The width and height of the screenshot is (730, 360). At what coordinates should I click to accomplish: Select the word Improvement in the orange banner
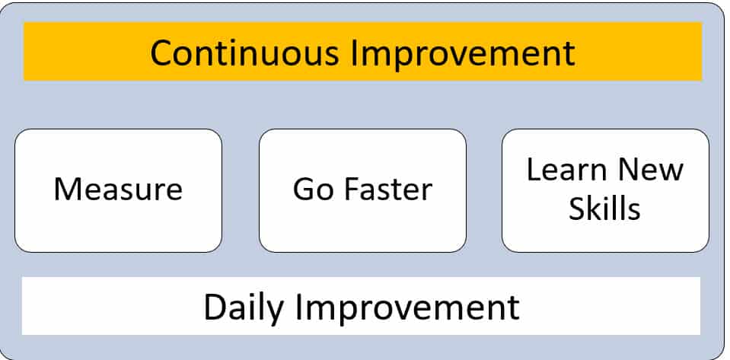pos(463,55)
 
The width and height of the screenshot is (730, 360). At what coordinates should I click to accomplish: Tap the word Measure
pos(118,189)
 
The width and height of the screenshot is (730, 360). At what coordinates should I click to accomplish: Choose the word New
pos(646,170)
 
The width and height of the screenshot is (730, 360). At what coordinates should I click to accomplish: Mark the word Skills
pos(604,209)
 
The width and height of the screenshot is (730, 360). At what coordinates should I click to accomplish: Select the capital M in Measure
pos(68,189)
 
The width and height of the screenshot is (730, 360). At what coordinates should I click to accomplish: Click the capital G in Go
pos(305,189)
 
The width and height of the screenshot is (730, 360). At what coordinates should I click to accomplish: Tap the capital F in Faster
pos(352,189)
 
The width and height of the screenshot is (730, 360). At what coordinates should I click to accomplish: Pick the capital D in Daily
pos(216,307)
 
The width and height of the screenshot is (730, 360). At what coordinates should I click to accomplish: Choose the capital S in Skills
pos(577,209)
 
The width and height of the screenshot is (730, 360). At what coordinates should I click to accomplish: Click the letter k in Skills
pos(597,208)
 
